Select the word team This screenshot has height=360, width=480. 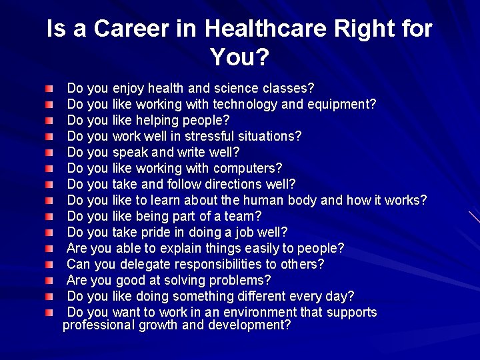pos(244,216)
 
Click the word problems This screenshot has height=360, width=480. pos(239,280)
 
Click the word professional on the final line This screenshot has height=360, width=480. pos(98,325)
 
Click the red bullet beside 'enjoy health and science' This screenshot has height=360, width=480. pos(50,89)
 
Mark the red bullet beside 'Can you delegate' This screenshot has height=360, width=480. pos(50,265)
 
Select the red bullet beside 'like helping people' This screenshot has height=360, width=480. pos(50,121)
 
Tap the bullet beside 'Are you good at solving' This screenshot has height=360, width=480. pos(50,281)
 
